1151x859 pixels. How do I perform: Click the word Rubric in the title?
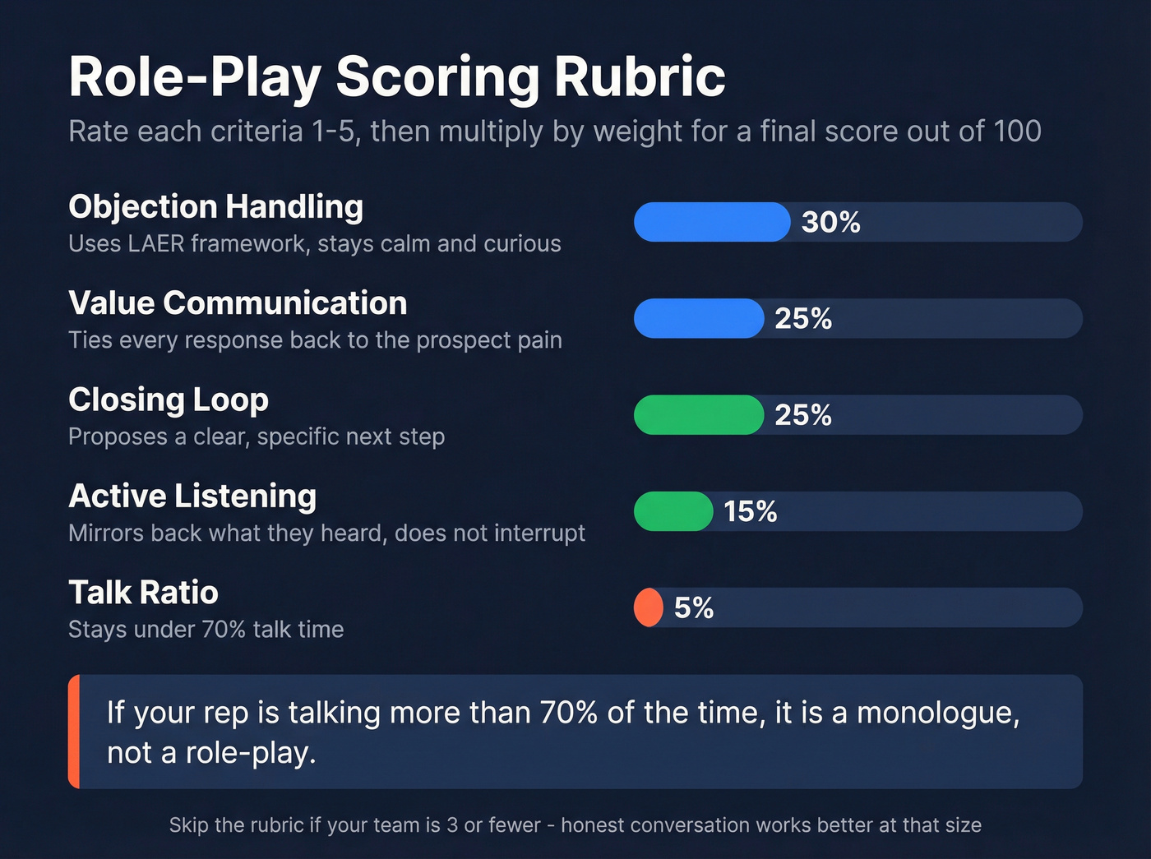[x=639, y=77]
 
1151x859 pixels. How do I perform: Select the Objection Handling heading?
[x=215, y=207]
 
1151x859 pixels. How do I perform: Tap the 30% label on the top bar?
[x=830, y=222]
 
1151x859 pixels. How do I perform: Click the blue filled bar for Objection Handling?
[x=711, y=222]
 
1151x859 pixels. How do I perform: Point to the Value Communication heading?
[x=238, y=303]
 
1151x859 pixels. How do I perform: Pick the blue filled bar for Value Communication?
[x=698, y=318]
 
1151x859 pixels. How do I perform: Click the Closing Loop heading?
[x=169, y=399]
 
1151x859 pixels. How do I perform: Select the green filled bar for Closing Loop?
[x=698, y=414]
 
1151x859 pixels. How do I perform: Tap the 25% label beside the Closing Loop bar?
[x=803, y=414]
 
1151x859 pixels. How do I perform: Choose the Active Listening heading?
[x=192, y=496]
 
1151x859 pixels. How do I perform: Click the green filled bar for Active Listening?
[x=673, y=511]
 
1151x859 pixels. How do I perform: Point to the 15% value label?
[x=750, y=511]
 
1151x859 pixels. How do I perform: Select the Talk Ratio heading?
[x=143, y=593]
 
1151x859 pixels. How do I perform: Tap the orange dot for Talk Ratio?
[x=648, y=607]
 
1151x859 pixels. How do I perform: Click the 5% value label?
[x=693, y=607]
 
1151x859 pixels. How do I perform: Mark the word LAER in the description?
[x=155, y=244]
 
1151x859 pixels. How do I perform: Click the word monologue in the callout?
[x=937, y=713]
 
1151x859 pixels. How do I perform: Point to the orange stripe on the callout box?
[x=74, y=732]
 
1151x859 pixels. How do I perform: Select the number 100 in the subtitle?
[x=1017, y=132]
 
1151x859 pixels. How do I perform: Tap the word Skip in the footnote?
[x=188, y=825]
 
